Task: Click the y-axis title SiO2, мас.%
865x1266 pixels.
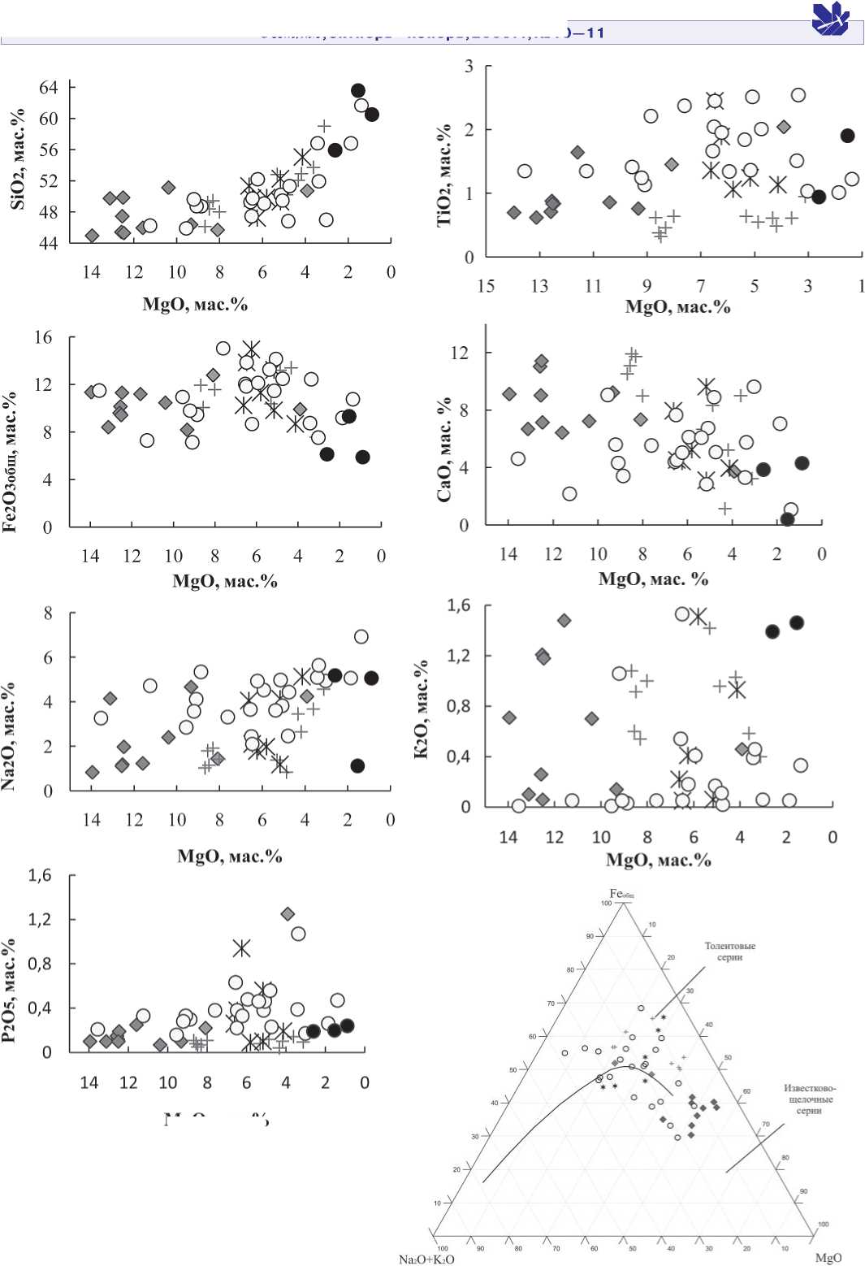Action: coord(17,159)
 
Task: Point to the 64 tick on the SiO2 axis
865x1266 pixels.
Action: coord(49,87)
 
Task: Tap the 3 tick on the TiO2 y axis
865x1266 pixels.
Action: coord(469,67)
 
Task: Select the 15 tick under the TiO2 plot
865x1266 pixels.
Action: coord(486,286)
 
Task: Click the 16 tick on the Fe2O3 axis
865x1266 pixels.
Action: coord(43,337)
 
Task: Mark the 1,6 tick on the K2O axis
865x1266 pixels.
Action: coord(459,605)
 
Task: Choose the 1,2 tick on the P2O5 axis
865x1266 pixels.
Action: coord(40,920)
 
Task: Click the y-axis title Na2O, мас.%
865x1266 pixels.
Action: coord(9,736)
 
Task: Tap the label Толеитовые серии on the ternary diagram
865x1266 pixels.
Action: coord(729,952)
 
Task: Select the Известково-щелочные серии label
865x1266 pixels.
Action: coord(809,1099)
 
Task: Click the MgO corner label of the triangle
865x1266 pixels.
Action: coord(828,1258)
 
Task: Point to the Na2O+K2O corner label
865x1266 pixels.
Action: coord(426,1259)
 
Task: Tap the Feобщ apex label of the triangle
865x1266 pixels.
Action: coord(621,894)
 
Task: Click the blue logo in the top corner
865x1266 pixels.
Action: coord(830,19)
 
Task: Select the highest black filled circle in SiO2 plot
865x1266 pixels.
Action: coord(358,90)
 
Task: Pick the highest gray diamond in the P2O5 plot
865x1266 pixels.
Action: coord(288,914)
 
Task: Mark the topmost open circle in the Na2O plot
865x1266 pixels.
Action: coord(361,636)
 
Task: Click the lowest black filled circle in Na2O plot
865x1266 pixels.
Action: coord(357,765)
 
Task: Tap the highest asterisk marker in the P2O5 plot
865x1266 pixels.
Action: coord(241,948)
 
